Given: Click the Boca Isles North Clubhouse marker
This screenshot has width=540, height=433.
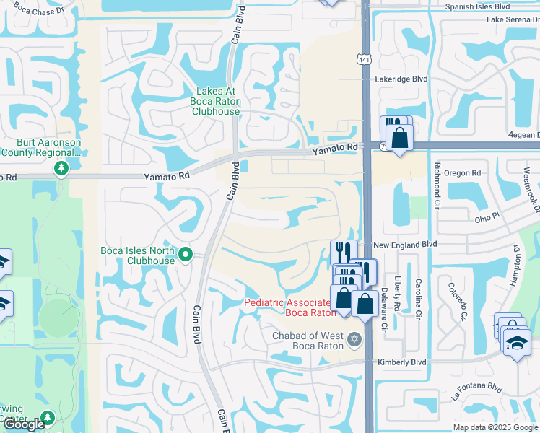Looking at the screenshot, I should (186, 254).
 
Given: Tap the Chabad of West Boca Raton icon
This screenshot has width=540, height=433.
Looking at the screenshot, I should (354, 338).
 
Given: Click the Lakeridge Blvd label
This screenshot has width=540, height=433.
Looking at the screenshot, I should (401, 79).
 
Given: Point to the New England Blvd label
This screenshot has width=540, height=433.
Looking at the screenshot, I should (406, 245).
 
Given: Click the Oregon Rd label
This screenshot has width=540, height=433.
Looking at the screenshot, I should (463, 173).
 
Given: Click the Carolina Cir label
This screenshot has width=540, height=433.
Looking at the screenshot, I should (419, 299).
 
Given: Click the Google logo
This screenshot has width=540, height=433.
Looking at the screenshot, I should (23, 424).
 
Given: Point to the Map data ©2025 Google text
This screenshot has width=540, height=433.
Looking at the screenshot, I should (495, 427).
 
